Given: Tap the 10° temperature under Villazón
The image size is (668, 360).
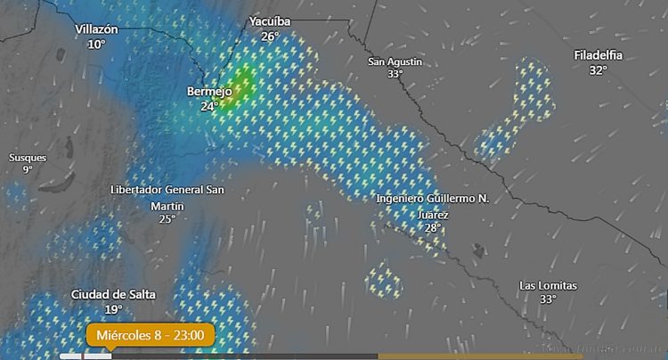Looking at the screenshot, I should (96, 44).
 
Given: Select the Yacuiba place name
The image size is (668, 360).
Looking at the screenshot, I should (270, 21).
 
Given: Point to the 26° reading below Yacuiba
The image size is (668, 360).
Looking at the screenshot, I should (270, 37).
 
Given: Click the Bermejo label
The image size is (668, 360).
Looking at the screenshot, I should (209, 91).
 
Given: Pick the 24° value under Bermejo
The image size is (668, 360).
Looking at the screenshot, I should (209, 106).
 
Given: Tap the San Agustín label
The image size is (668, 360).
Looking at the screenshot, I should (395, 61).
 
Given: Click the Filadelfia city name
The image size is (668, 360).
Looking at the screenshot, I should (598, 55).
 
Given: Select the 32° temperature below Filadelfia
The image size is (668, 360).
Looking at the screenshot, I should (598, 70).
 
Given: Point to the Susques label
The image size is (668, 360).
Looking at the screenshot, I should (28, 158).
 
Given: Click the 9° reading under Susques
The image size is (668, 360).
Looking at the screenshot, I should (28, 170).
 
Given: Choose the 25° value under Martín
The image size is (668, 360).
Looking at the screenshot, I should (167, 219).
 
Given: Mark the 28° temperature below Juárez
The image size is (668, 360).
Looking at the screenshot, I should (433, 228).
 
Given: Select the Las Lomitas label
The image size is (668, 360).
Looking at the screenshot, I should (549, 285).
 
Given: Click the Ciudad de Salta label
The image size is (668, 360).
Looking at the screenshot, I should (113, 294).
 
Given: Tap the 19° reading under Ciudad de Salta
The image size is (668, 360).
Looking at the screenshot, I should (113, 309).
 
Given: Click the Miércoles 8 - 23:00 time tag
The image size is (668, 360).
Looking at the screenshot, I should (150, 335).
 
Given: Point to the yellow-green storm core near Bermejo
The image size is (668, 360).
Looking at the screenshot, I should (242, 83).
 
